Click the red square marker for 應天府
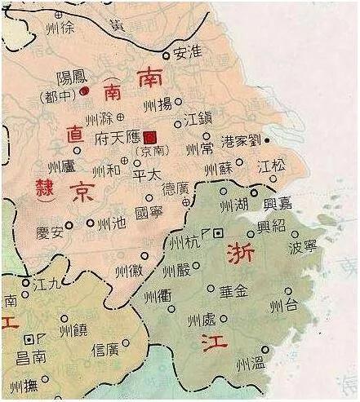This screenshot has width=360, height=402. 149,138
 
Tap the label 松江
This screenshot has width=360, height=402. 271,166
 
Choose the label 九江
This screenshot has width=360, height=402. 48,284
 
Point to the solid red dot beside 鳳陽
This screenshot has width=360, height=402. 84,92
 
